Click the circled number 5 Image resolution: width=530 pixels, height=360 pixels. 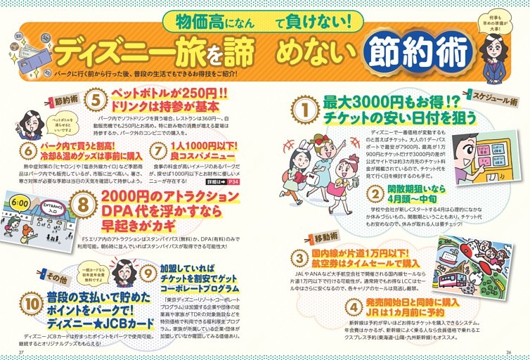point(95,99)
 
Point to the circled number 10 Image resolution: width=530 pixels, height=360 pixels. point(30,302)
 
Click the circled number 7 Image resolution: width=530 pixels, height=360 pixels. point(157,150)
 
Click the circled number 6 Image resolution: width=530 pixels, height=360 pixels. point(28,149)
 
